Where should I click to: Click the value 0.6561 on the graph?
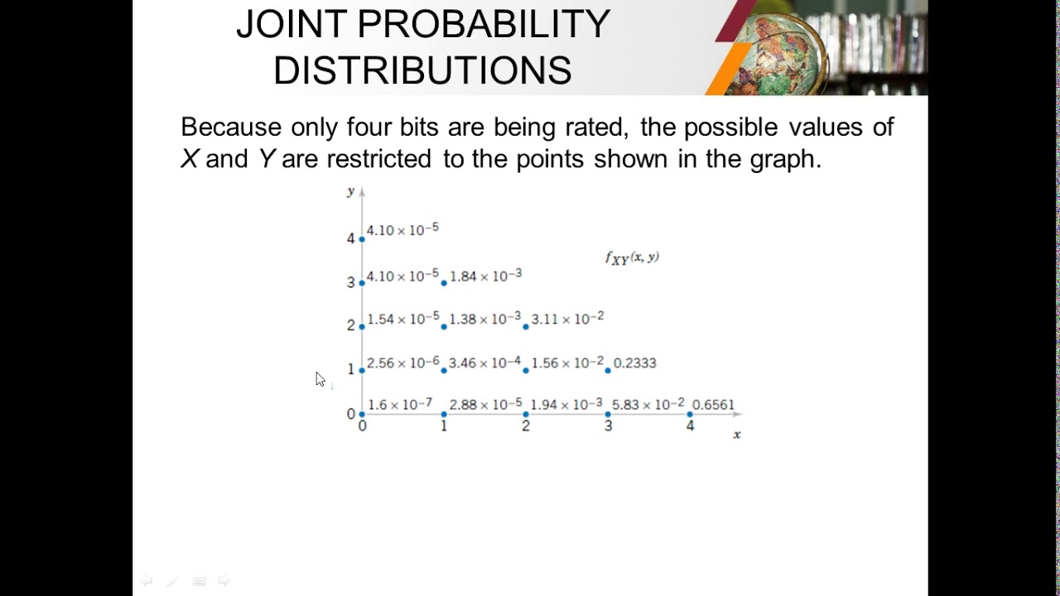point(713,405)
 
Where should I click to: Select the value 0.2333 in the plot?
point(634,363)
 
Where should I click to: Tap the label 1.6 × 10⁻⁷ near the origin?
point(400,405)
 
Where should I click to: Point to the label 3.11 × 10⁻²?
point(567,319)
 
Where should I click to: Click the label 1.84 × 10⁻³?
point(485,276)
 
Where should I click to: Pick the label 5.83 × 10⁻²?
point(648,405)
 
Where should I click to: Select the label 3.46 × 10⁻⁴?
point(485,363)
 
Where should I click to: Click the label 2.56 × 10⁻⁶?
point(403,363)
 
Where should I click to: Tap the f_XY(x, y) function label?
point(632,258)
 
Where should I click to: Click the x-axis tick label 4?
point(690,426)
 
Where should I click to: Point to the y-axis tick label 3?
point(351,282)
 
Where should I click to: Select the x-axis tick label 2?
point(526,426)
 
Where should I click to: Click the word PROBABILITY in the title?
point(484,25)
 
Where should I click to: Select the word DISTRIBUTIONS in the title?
point(422,71)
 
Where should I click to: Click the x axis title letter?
point(737,435)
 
